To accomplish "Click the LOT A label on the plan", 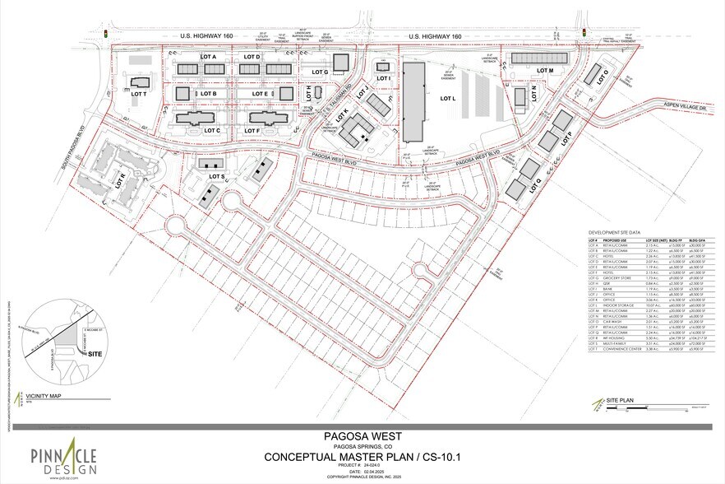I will [208, 57].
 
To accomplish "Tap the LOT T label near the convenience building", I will [138, 95].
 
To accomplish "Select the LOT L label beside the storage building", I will [447, 99].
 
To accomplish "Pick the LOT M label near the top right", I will [547, 72].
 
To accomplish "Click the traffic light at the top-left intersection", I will [106, 34].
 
